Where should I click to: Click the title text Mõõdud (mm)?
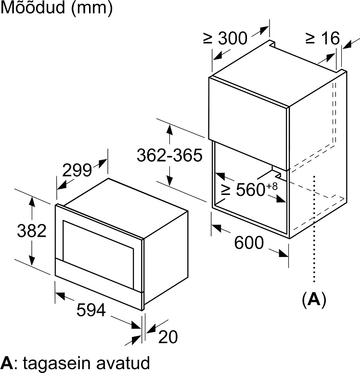(x=57, y=8)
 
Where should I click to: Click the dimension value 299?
(x=77, y=170)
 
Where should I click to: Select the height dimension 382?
(x=31, y=231)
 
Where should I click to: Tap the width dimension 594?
(x=91, y=310)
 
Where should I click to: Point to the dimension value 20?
(x=168, y=336)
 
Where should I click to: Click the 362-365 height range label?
(x=169, y=155)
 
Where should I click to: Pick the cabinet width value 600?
(x=249, y=243)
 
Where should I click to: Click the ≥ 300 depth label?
(x=225, y=39)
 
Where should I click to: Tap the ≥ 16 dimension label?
(x=322, y=38)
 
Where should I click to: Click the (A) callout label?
(x=314, y=299)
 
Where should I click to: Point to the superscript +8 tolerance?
(x=272, y=186)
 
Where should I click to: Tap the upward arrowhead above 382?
(x=32, y=202)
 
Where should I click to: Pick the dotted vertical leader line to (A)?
(x=314, y=229)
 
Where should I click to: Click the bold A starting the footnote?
(x=7, y=363)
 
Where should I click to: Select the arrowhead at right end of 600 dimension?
(x=283, y=253)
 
